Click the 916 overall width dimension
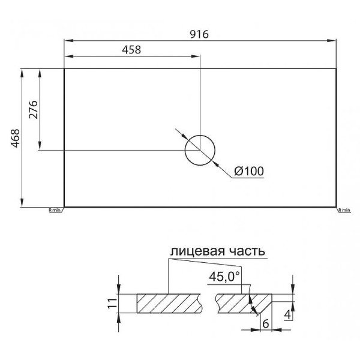[199, 34]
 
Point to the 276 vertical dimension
[34, 109]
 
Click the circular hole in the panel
[200, 150]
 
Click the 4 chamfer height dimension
[289, 314]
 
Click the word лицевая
[194, 251]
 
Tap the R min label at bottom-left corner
[55, 211]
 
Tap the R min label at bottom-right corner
[344, 211]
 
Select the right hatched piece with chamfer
[237, 303]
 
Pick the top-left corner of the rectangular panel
[64, 68]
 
